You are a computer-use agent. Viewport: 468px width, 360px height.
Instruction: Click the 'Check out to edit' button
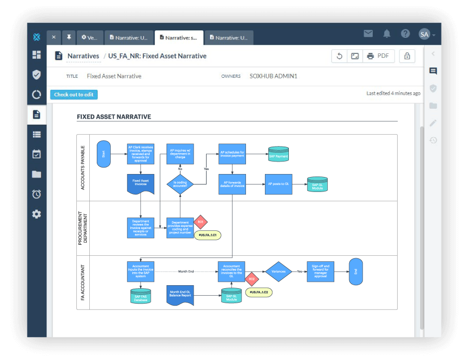(74, 95)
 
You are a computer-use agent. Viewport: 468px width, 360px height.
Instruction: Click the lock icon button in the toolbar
(407, 56)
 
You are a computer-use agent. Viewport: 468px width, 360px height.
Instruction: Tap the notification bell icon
(387, 34)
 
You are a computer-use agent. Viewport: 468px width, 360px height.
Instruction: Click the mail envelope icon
(368, 34)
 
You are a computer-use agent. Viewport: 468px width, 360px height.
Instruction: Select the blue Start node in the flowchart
(104, 155)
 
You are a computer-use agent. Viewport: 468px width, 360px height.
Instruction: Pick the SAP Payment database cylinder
(278, 154)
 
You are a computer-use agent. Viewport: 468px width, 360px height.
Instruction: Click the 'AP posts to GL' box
(278, 184)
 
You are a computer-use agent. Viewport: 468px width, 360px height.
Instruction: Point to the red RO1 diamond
(200, 221)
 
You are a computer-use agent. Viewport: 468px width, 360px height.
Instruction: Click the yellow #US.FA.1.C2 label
(259, 292)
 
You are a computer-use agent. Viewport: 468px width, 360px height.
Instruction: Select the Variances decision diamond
(278, 272)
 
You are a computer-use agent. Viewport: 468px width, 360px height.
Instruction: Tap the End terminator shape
(356, 272)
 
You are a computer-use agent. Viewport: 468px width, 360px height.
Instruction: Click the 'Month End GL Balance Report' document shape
(180, 295)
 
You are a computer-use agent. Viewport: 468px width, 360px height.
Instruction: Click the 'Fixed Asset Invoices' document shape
(140, 183)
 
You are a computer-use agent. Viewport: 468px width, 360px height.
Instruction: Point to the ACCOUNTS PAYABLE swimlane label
(83, 168)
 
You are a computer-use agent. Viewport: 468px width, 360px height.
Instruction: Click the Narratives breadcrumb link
(83, 56)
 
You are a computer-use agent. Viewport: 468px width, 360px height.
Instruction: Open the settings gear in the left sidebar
(36, 214)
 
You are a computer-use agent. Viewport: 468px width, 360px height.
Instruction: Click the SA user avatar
(424, 34)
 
